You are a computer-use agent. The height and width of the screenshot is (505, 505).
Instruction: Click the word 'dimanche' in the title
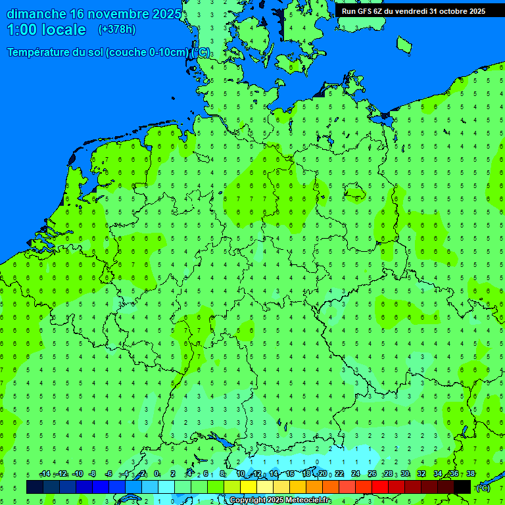(36, 14)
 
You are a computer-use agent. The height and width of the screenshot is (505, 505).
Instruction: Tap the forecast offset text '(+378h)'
(116, 30)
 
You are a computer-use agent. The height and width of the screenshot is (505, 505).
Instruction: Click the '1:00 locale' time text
(46, 30)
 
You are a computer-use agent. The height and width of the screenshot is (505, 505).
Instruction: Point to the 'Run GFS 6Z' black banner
(413, 11)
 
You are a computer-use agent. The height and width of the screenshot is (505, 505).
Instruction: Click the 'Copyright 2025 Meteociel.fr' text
(280, 500)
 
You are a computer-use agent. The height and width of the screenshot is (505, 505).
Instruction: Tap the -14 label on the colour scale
(45, 473)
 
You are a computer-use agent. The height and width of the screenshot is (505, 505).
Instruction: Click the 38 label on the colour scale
(470, 473)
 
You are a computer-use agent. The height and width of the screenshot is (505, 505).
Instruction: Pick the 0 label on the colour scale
(156, 473)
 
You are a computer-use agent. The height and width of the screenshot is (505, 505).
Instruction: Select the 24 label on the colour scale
(356, 473)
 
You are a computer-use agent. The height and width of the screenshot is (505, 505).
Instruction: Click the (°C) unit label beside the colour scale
(483, 487)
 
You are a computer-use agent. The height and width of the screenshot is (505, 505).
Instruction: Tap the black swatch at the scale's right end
(462, 487)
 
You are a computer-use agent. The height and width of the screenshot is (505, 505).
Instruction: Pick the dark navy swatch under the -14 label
(35, 487)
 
